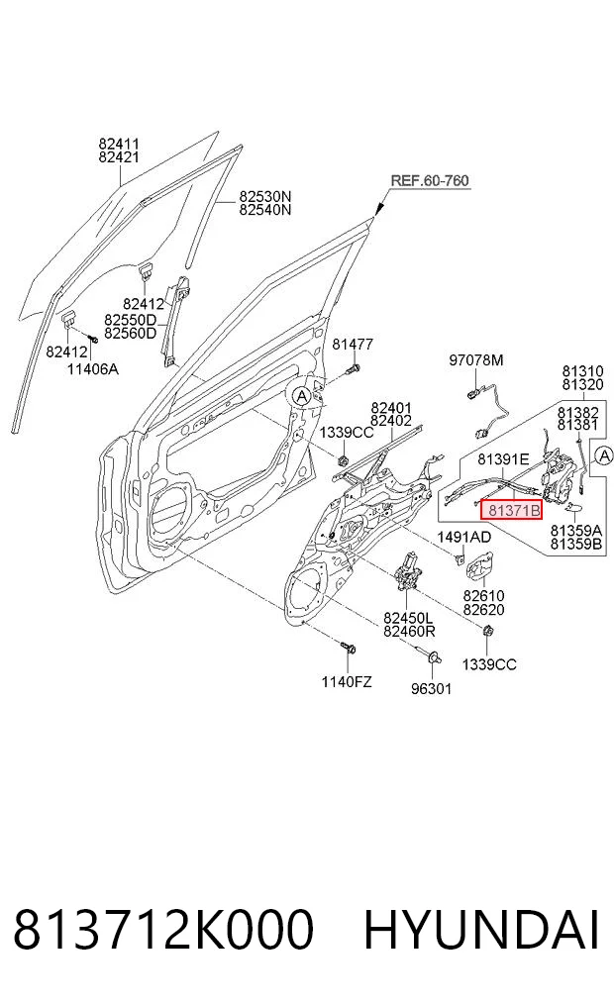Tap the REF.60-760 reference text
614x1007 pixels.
click(430, 180)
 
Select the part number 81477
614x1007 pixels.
click(353, 345)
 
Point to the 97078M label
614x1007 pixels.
click(476, 360)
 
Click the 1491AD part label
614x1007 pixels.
click(464, 537)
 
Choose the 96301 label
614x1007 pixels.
click(431, 688)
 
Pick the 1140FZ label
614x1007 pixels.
click(347, 681)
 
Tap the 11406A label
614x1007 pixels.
click(93, 368)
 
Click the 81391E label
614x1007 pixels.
click(503, 459)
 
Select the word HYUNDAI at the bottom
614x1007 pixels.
click(481, 929)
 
